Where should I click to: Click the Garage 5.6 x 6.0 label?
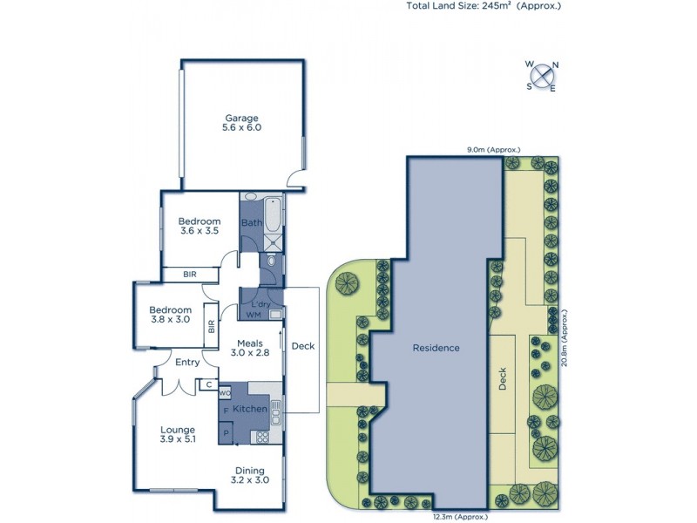[243, 122]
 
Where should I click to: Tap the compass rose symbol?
[543, 76]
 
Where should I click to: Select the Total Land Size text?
[484, 5]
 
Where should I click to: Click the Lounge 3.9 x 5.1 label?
[178, 435]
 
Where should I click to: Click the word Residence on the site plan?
[436, 348]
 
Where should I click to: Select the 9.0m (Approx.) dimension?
[493, 150]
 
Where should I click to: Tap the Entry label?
[187, 362]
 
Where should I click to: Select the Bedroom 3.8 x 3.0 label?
[170, 315]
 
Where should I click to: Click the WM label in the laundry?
[254, 314]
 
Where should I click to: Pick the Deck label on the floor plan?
[302, 346]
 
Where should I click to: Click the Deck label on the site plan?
[502, 382]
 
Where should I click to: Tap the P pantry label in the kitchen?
[227, 431]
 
